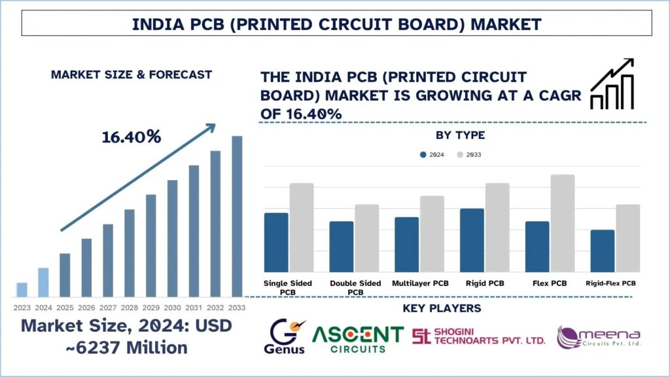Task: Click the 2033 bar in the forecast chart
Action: pos(237,216)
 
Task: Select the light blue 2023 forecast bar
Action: pos(22,289)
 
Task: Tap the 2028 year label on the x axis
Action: pos(129,308)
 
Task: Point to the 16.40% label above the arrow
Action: pos(132,137)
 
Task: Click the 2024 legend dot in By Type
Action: pos(423,154)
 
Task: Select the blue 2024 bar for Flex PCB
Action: pos(537,247)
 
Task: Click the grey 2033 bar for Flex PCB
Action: pos(562,223)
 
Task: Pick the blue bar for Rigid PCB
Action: pos(472,240)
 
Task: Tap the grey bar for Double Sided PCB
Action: pos(366,238)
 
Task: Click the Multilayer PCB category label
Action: pos(420,283)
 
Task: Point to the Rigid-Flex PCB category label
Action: pos(611,283)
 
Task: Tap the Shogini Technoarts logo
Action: pos(478,336)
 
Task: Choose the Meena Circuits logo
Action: pos(598,336)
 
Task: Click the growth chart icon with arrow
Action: pos(612,84)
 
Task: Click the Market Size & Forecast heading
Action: pos(131,75)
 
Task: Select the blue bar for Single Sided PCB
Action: pos(276,242)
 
